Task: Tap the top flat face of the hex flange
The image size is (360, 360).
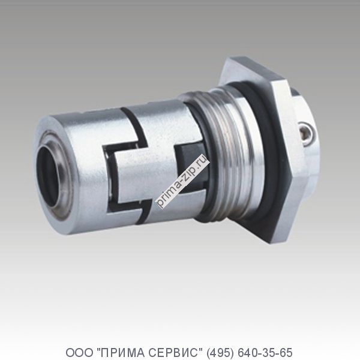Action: (252, 65)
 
